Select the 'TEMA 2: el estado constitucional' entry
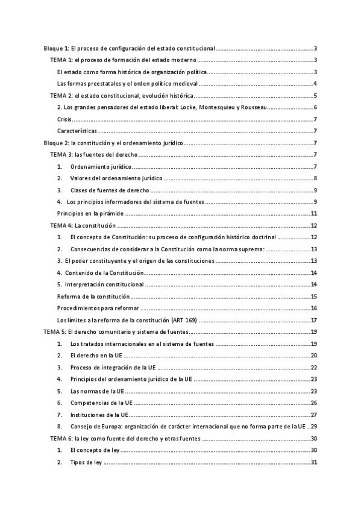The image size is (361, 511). (121, 95)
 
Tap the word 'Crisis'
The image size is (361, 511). (65, 119)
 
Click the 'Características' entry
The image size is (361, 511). (77, 131)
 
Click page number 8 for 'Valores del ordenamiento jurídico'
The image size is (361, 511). (315, 178)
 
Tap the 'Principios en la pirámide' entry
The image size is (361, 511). (90, 213)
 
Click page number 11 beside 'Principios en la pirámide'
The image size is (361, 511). (313, 213)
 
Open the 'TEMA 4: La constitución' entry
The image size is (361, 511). (82, 225)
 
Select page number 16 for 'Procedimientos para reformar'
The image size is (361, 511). (313, 308)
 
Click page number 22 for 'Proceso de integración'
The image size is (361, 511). (313, 368)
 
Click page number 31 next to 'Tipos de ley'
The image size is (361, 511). (313, 462)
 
